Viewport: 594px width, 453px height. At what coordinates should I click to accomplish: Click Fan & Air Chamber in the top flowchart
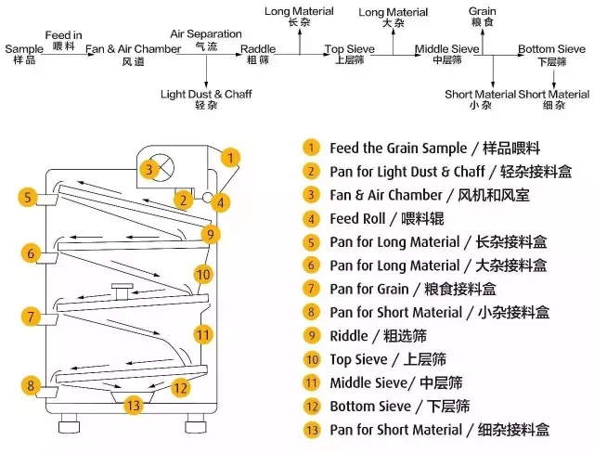tap(133, 48)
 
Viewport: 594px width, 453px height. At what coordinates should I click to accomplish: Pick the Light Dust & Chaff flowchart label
tap(206, 94)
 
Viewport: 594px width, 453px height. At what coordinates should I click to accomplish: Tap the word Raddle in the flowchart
tap(258, 48)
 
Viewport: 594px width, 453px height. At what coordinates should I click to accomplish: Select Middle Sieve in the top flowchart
tap(445, 48)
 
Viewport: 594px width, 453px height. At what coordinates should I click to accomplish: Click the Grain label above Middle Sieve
tap(482, 12)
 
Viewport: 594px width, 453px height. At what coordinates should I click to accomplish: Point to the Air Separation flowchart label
tap(206, 34)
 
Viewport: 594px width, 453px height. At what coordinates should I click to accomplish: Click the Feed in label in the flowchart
tap(63, 34)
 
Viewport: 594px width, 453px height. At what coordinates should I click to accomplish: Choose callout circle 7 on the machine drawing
tap(31, 317)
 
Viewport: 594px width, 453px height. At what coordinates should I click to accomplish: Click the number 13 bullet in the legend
tap(311, 429)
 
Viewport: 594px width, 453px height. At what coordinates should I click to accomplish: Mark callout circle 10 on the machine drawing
tap(203, 274)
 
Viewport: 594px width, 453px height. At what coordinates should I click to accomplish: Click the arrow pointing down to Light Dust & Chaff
tap(206, 71)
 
